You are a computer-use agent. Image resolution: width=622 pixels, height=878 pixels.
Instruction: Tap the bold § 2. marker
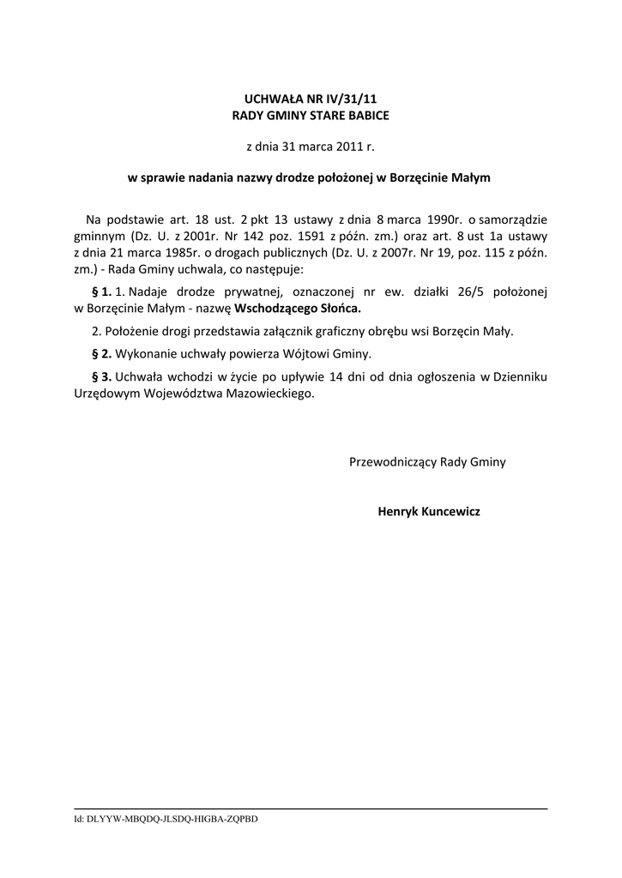point(101,353)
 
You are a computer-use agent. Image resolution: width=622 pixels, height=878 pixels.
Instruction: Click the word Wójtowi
point(299,353)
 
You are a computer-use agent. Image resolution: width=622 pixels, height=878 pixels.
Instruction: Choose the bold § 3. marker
point(101,376)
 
